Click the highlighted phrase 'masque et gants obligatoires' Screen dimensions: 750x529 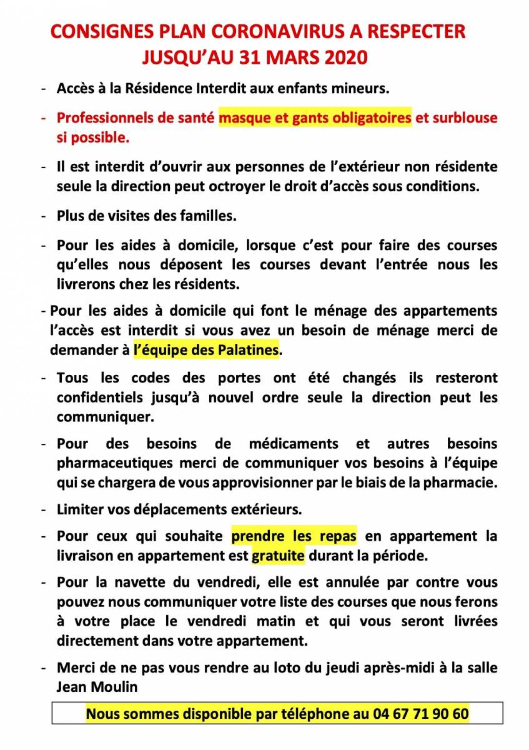[x=315, y=118]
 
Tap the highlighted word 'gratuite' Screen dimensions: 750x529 [x=278, y=555]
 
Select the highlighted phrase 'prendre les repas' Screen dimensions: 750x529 [x=294, y=536]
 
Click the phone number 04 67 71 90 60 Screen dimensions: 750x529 [x=420, y=714]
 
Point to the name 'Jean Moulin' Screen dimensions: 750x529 [x=97, y=687]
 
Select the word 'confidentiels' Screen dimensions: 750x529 [x=100, y=398]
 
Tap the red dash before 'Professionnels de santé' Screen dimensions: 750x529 [x=45, y=118]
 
